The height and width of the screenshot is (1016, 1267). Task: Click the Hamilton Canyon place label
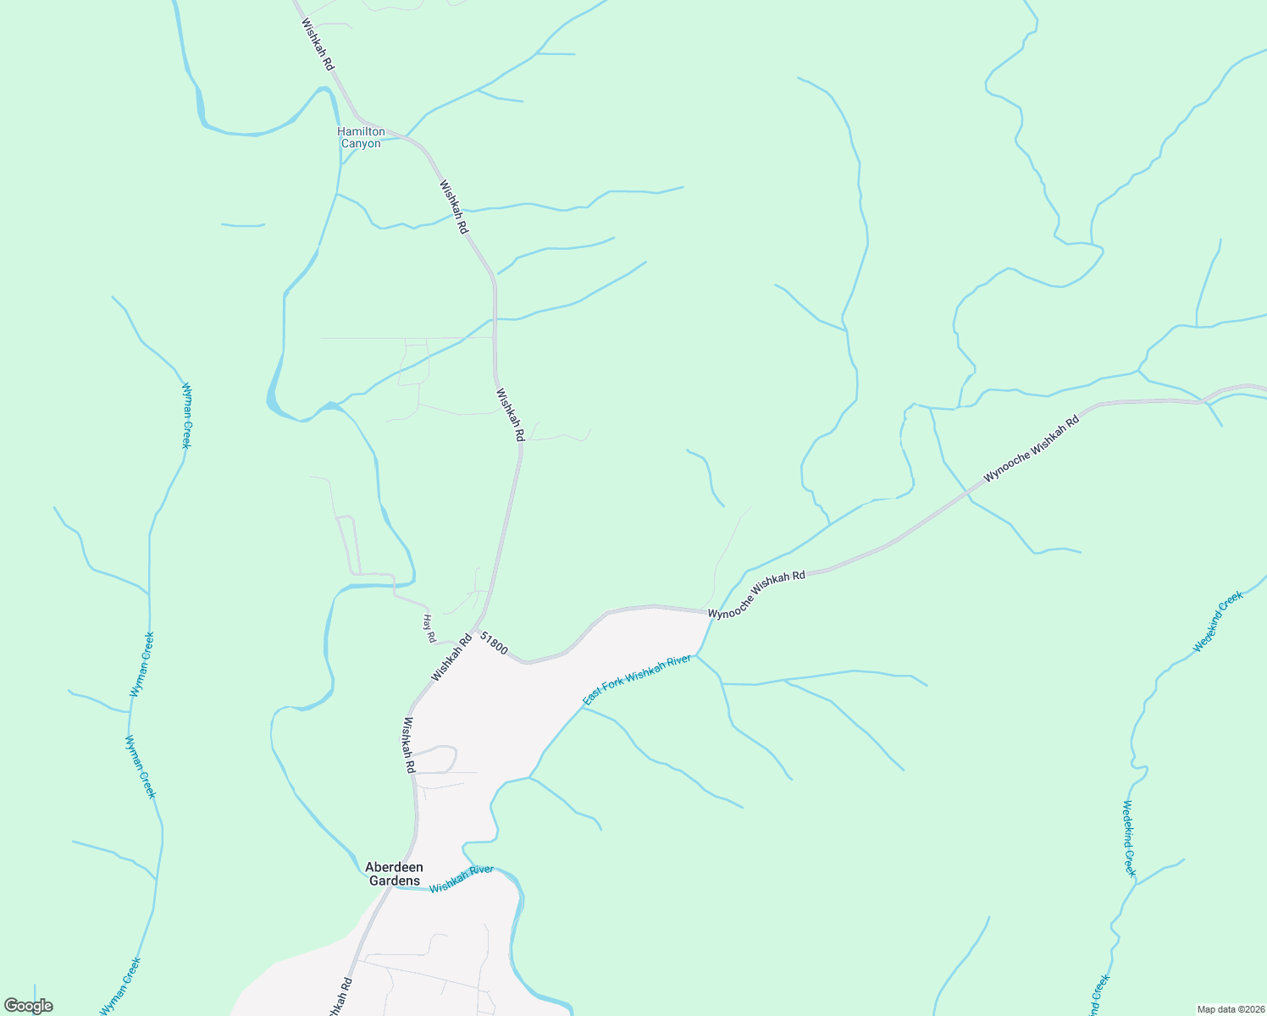click(x=361, y=137)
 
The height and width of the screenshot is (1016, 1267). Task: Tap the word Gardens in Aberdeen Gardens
click(x=394, y=881)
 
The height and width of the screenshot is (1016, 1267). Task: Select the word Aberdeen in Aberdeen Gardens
click(x=394, y=867)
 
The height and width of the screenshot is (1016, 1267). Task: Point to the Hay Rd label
click(x=429, y=627)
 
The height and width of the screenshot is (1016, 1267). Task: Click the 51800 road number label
click(x=494, y=643)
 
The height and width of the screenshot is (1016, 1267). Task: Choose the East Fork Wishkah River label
click(x=637, y=679)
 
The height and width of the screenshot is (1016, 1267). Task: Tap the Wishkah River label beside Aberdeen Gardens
click(x=461, y=879)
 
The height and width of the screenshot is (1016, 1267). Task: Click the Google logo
click(x=28, y=1006)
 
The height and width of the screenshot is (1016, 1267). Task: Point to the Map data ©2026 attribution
click(x=1231, y=1009)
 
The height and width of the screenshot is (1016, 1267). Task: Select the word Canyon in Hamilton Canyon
click(x=361, y=144)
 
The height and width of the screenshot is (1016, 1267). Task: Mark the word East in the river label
click(x=591, y=697)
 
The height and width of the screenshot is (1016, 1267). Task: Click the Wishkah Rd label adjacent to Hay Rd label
click(x=451, y=658)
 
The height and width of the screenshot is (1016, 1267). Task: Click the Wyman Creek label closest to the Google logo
click(x=120, y=986)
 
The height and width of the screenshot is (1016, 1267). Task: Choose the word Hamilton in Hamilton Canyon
click(x=361, y=131)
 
